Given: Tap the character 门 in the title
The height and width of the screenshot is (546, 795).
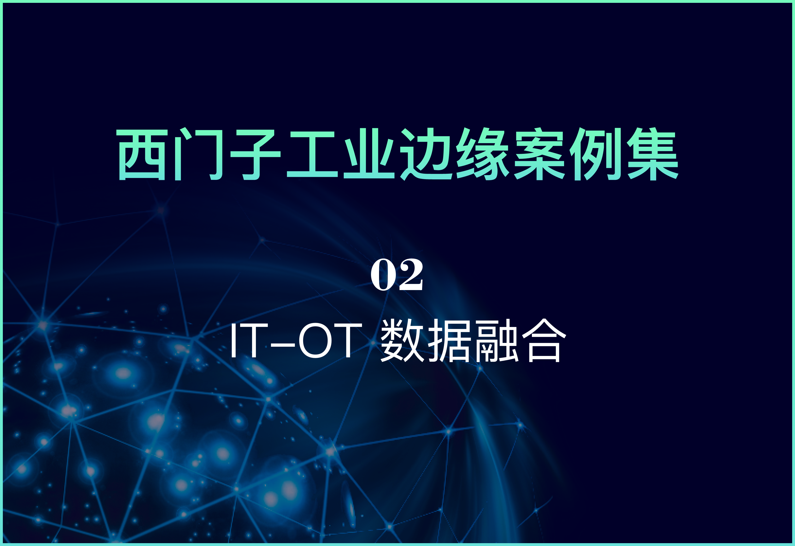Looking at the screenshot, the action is coord(199,154).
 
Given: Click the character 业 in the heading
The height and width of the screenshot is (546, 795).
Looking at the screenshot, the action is coord(369,154).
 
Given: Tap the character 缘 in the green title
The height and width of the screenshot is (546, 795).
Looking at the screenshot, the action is coord(483,154).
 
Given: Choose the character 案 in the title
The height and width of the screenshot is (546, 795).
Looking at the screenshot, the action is coord(539,154).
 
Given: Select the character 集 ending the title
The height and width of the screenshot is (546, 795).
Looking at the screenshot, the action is coord(653,154).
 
